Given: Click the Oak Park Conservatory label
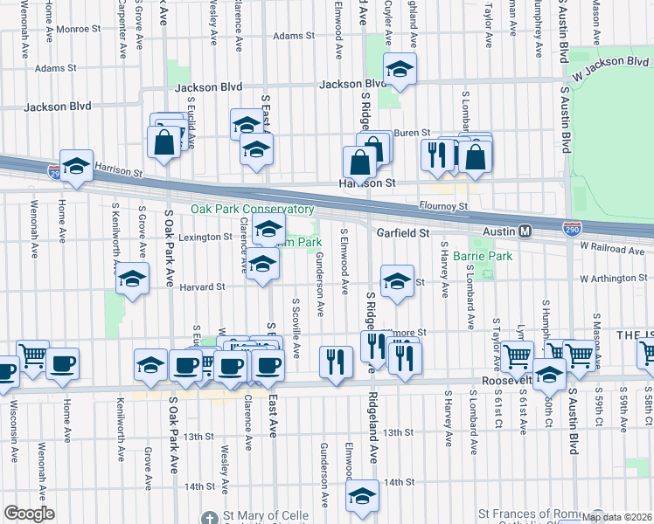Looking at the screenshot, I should point(253,210).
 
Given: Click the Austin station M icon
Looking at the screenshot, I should point(525,231).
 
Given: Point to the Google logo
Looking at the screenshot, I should point(29,514).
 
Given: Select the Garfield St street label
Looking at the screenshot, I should point(403,233).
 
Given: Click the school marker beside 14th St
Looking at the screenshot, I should point(362,495).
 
